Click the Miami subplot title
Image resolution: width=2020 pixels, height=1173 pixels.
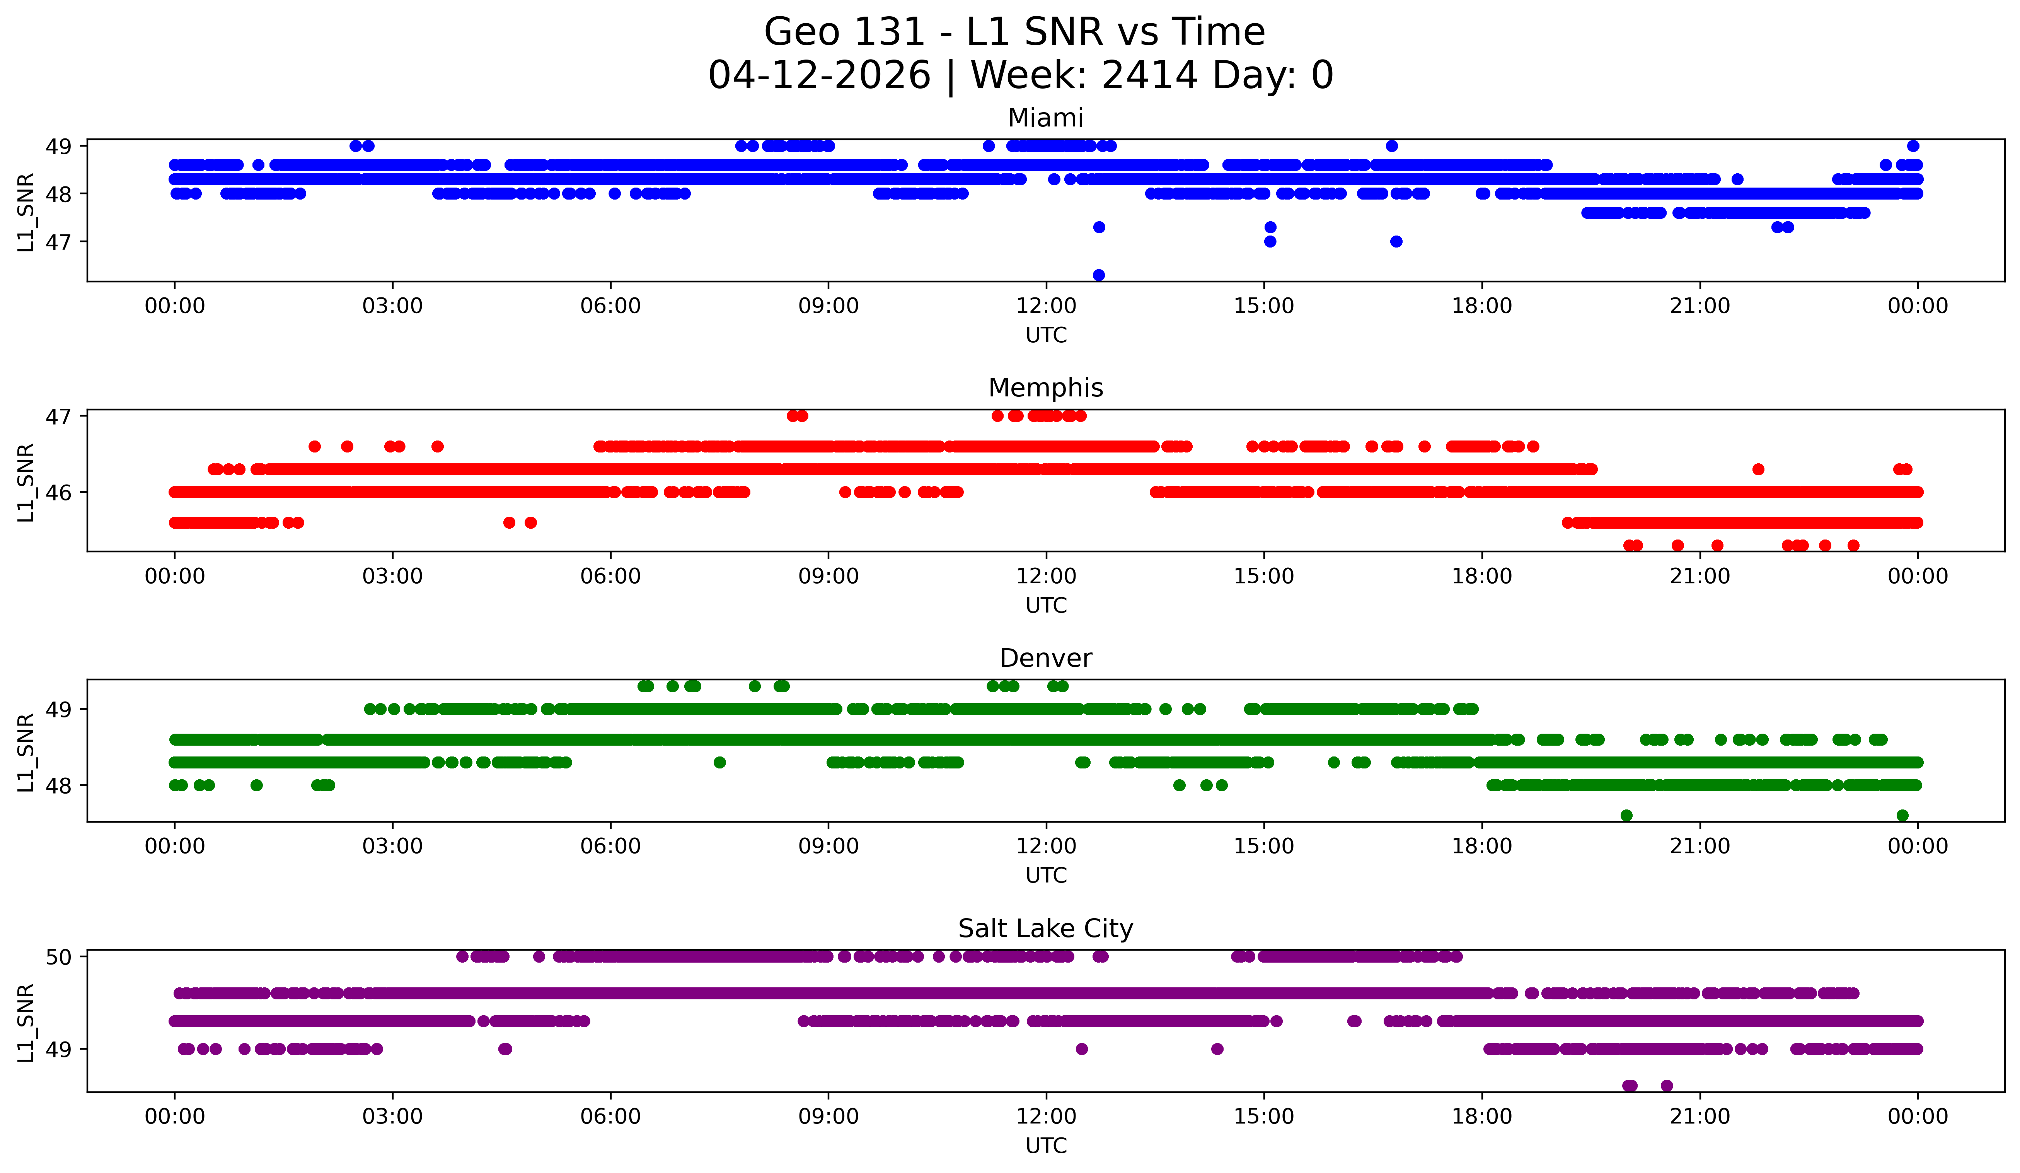pos(1045,118)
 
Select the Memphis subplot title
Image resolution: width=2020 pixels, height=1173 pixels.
pos(1045,388)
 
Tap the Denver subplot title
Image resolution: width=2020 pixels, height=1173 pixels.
pos(1045,658)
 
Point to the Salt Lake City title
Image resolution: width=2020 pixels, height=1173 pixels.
pos(1045,929)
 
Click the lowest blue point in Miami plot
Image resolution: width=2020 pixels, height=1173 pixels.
pos(1099,275)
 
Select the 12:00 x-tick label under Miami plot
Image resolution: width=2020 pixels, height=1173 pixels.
pos(1046,306)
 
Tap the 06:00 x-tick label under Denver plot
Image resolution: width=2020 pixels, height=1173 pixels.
pos(611,847)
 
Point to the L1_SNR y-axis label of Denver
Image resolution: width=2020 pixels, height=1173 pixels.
pos(26,752)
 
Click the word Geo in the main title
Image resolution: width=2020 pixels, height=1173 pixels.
pos(798,33)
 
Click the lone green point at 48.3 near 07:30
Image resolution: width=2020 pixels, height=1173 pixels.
pos(720,763)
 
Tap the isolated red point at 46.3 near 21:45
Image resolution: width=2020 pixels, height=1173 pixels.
pos(1758,469)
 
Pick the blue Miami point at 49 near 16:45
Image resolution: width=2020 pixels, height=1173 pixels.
pos(1391,146)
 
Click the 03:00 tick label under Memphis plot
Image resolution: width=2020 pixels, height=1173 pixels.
pos(393,577)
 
